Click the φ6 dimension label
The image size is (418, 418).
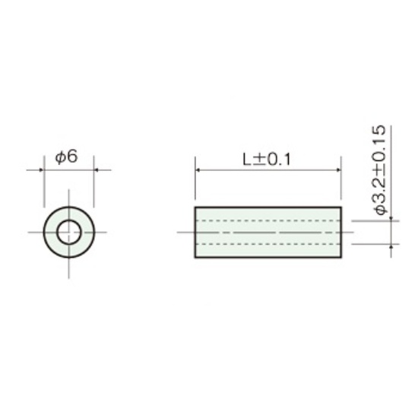point(66,157)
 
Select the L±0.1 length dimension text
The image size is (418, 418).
point(266,160)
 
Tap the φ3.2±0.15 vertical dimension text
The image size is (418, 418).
point(379,169)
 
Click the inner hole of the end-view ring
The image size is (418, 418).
point(69,232)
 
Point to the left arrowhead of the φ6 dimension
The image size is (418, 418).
point(41,169)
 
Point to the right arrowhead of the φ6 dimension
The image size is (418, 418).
point(97,169)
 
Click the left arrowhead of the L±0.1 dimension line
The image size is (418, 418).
point(198,169)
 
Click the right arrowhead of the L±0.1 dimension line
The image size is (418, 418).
point(338,169)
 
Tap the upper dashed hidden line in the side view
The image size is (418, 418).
point(268,220)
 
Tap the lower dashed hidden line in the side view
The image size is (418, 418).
point(268,244)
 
